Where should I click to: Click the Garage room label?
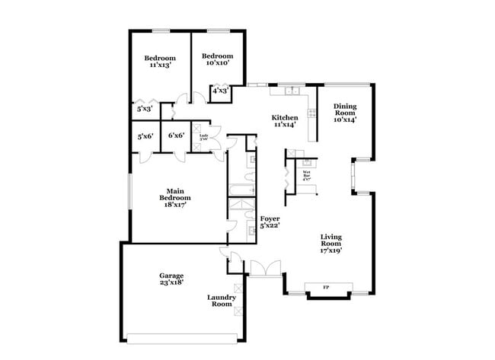171,276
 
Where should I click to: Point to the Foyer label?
270,218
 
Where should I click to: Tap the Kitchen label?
285,119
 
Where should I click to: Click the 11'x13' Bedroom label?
160,59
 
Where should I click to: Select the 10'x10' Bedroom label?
217,56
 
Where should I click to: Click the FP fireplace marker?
326,287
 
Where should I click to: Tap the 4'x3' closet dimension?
220,91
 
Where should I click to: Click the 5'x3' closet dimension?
145,109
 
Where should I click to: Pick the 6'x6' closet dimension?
176,136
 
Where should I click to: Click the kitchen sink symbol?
291,91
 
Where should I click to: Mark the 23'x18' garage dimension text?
171,282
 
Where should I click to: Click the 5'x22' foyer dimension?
270,226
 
